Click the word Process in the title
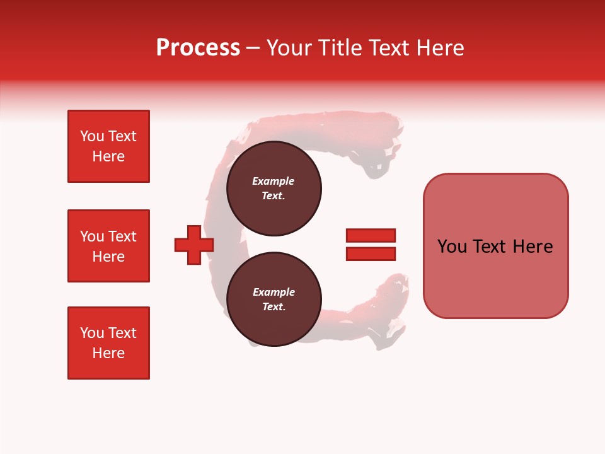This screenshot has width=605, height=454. coord(198,48)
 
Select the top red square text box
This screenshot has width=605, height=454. coord(108,146)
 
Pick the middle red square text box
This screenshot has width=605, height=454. coord(108,246)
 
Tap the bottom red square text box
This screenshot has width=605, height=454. coord(108,343)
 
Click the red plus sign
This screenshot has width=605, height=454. coord(194,245)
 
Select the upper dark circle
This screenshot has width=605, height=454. coord(274,189)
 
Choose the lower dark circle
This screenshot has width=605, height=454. coord(274,300)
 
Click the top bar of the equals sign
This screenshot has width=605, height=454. coord(371,235)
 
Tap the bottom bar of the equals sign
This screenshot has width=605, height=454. coord(371,253)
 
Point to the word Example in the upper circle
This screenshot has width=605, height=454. coord(274,181)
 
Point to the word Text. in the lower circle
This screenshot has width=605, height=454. coord(274,307)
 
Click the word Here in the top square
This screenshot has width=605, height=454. coord(108,156)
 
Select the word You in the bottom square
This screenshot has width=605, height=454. coord(92,333)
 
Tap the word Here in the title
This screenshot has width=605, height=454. coord(439,48)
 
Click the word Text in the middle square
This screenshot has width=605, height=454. coord(122,236)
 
